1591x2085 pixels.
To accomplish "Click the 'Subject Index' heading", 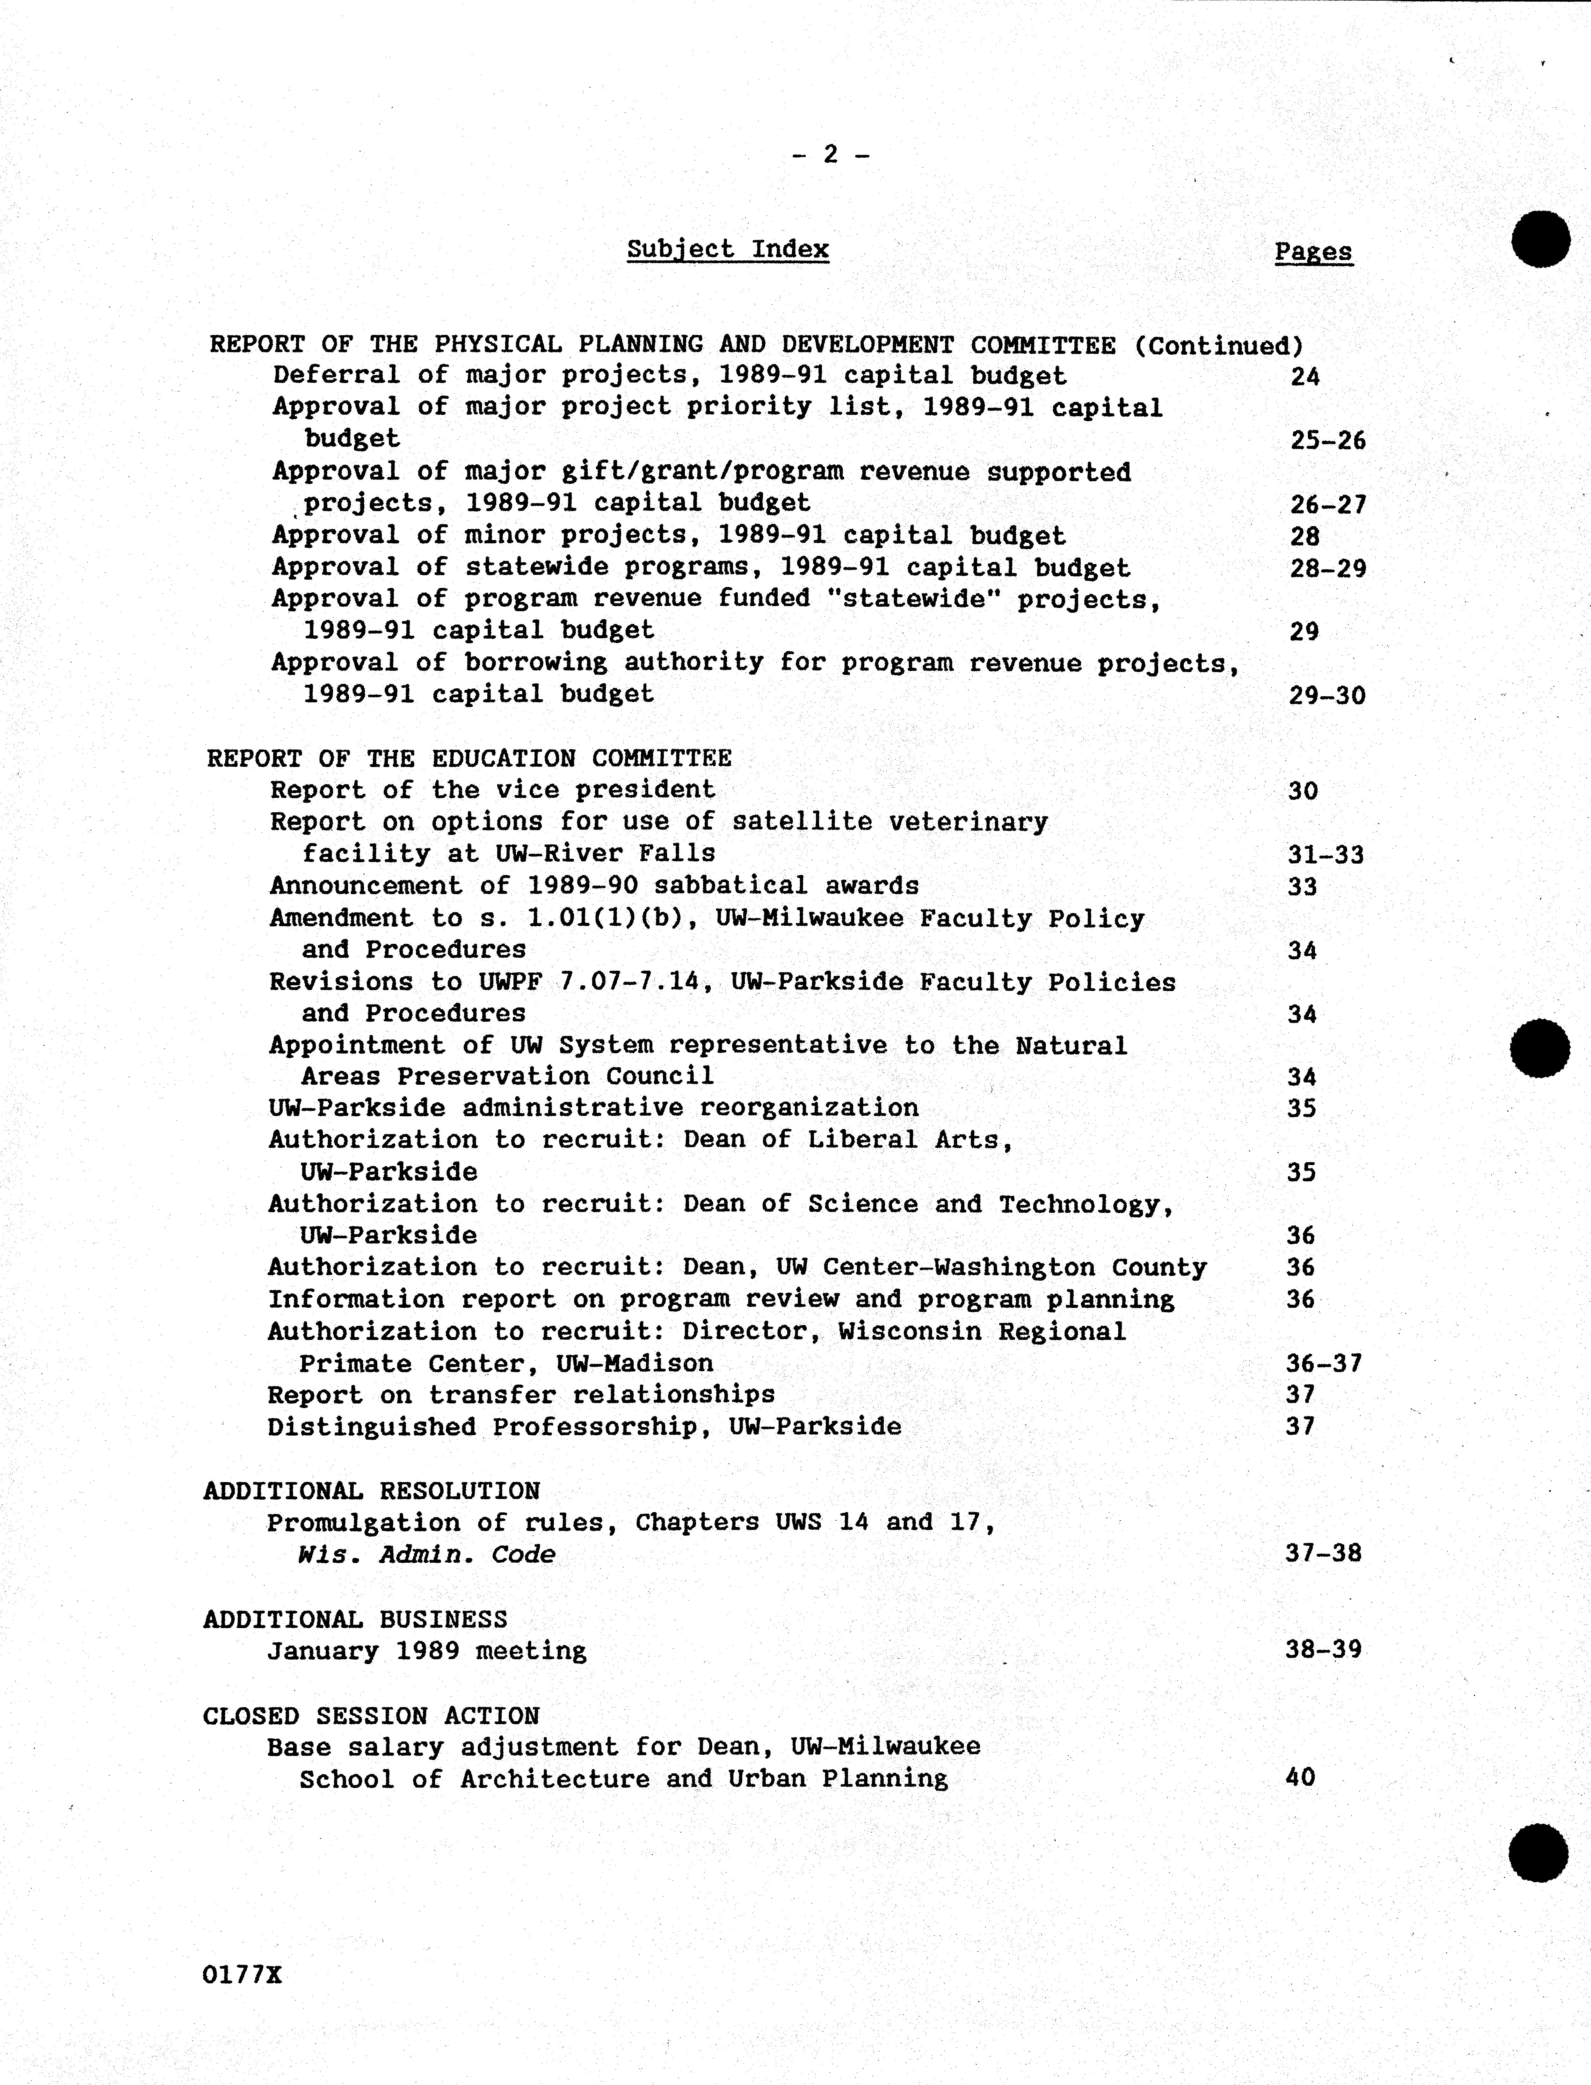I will (x=727, y=250).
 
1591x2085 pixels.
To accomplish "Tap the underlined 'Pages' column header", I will (x=1313, y=252).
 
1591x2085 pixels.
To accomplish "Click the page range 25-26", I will (x=1328, y=440).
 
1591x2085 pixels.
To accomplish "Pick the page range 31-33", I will (x=1326, y=855).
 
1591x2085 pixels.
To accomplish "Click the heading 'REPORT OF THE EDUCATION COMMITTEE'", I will (x=469, y=758).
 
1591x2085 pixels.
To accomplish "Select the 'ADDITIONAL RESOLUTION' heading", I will (x=371, y=1491).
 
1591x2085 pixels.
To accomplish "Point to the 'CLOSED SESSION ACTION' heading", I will (x=371, y=1716).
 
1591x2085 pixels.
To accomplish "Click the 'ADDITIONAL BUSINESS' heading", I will (x=355, y=1619).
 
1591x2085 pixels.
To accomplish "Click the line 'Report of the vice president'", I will (x=492, y=790).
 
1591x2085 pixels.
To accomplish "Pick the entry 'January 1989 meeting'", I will (x=426, y=1651).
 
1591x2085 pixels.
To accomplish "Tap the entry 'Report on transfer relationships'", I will (x=521, y=1395).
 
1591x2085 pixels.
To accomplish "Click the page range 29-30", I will (x=1327, y=696).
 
